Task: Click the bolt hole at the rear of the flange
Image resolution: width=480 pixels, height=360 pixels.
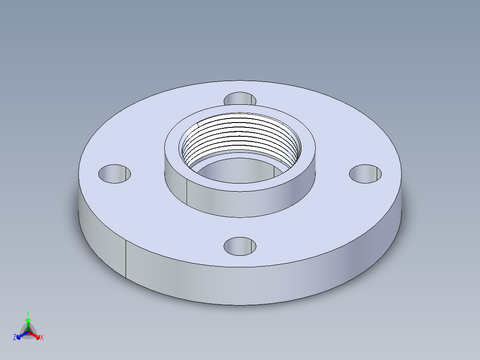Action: (240, 98)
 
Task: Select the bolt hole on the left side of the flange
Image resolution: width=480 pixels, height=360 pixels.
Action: (114, 174)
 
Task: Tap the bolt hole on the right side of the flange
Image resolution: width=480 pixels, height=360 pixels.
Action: (365, 174)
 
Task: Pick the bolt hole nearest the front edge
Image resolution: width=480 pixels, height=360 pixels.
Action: (240, 246)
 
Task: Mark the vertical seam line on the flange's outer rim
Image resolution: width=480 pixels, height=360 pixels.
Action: (126, 259)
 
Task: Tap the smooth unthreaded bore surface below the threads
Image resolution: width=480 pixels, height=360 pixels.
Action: (240, 169)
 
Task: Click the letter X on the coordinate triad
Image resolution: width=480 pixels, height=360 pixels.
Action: (42, 338)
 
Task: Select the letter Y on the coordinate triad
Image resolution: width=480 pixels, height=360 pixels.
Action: (28, 313)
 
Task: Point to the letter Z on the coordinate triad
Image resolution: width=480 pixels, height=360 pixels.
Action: (15, 338)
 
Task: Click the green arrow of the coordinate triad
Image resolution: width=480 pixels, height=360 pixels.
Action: (28, 322)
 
